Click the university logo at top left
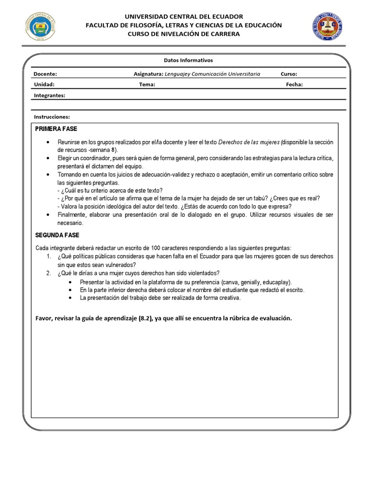tap(40, 26)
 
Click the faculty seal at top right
tap(328, 26)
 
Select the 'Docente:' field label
tap(46, 74)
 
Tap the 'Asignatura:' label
tap(148, 74)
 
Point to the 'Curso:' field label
tap(289, 74)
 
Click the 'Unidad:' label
tap(44, 84)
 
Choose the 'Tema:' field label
tap(147, 84)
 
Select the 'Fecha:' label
tap(294, 84)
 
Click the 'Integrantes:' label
tap(49, 95)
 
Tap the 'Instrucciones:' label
tap(52, 117)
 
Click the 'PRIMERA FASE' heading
tap(56, 129)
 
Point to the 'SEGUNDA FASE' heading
tap(57, 235)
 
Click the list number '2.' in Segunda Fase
tap(49, 273)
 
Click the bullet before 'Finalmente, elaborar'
tap(48, 215)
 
